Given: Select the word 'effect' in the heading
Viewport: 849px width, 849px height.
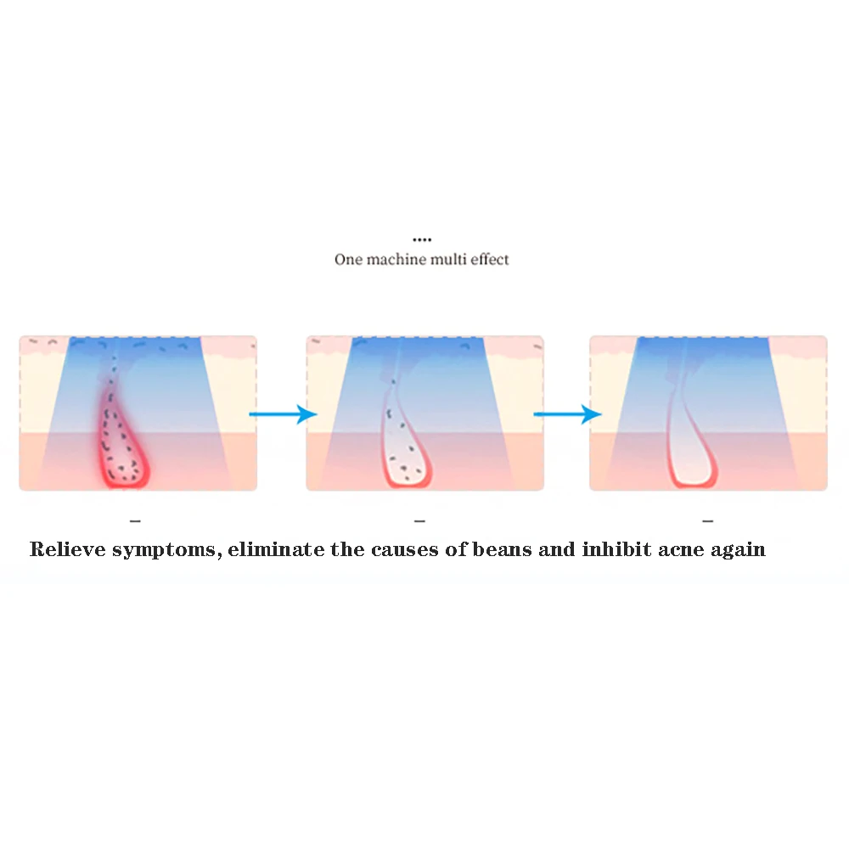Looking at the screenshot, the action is pyautogui.click(x=490, y=260).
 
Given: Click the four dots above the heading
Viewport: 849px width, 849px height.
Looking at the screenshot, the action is pyautogui.click(x=422, y=239).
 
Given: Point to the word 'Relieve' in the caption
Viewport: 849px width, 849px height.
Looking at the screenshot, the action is pyautogui.click(x=68, y=549).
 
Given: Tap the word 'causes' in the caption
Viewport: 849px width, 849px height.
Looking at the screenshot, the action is pyautogui.click(x=404, y=550).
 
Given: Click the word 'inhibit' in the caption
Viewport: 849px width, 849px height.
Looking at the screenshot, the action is pyautogui.click(x=616, y=549).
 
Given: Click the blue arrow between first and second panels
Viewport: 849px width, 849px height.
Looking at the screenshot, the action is pyautogui.click(x=283, y=414).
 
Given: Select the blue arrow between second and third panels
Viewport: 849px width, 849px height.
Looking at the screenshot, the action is pyautogui.click(x=567, y=414).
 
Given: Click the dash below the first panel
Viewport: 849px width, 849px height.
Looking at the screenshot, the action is pyautogui.click(x=135, y=521).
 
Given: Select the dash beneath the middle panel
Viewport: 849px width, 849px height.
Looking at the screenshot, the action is pyautogui.click(x=419, y=521).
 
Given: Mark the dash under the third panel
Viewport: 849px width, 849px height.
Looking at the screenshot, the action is pyautogui.click(x=708, y=521).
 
